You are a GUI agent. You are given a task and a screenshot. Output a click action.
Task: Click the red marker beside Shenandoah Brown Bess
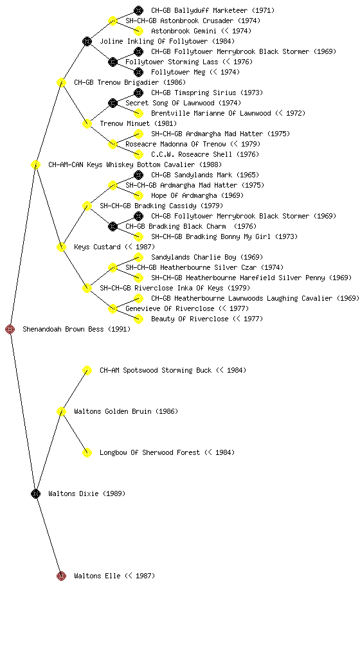pyautogui.click(x=10, y=330)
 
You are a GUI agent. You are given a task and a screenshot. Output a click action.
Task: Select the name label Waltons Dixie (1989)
pyautogui.click(x=87, y=493)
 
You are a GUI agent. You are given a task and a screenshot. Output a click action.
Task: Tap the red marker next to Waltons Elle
pyautogui.click(x=61, y=576)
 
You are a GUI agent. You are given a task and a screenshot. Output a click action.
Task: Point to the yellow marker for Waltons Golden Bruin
pyautogui.click(x=61, y=411)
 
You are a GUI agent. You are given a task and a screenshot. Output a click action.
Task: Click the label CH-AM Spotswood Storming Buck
pyautogui.click(x=156, y=370)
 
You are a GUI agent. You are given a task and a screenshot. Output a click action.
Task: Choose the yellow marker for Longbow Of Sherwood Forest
pyautogui.click(x=87, y=452)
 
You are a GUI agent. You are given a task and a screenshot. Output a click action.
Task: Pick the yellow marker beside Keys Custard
pyautogui.click(x=61, y=247)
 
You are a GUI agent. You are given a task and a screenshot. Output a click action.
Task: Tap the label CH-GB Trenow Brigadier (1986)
pyautogui.click(x=130, y=82)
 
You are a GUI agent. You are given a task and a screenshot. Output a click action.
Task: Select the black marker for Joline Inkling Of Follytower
pyautogui.click(x=87, y=41)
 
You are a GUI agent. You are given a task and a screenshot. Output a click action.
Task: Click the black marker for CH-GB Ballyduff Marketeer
pyautogui.click(x=138, y=10)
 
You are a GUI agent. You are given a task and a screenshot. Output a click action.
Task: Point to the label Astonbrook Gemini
pyautogui.click(x=184, y=31)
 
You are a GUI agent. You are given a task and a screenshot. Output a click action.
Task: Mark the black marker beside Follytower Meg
pyautogui.click(x=138, y=72)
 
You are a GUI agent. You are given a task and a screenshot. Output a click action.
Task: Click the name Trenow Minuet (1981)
pyautogui.click(x=138, y=123)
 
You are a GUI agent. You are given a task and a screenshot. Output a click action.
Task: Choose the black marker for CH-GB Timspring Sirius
pyautogui.click(x=138, y=93)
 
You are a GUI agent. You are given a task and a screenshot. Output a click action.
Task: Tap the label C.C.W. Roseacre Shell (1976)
pyautogui.click(x=205, y=154)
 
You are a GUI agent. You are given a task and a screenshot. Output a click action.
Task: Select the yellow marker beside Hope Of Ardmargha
pyautogui.click(x=138, y=195)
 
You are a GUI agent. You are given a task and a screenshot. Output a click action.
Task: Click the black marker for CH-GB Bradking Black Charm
pyautogui.click(x=113, y=226)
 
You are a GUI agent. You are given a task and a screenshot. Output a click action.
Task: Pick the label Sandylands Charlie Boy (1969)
pyautogui.click(x=207, y=257)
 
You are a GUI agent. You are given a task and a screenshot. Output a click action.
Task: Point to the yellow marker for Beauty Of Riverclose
pyautogui.click(x=138, y=319)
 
